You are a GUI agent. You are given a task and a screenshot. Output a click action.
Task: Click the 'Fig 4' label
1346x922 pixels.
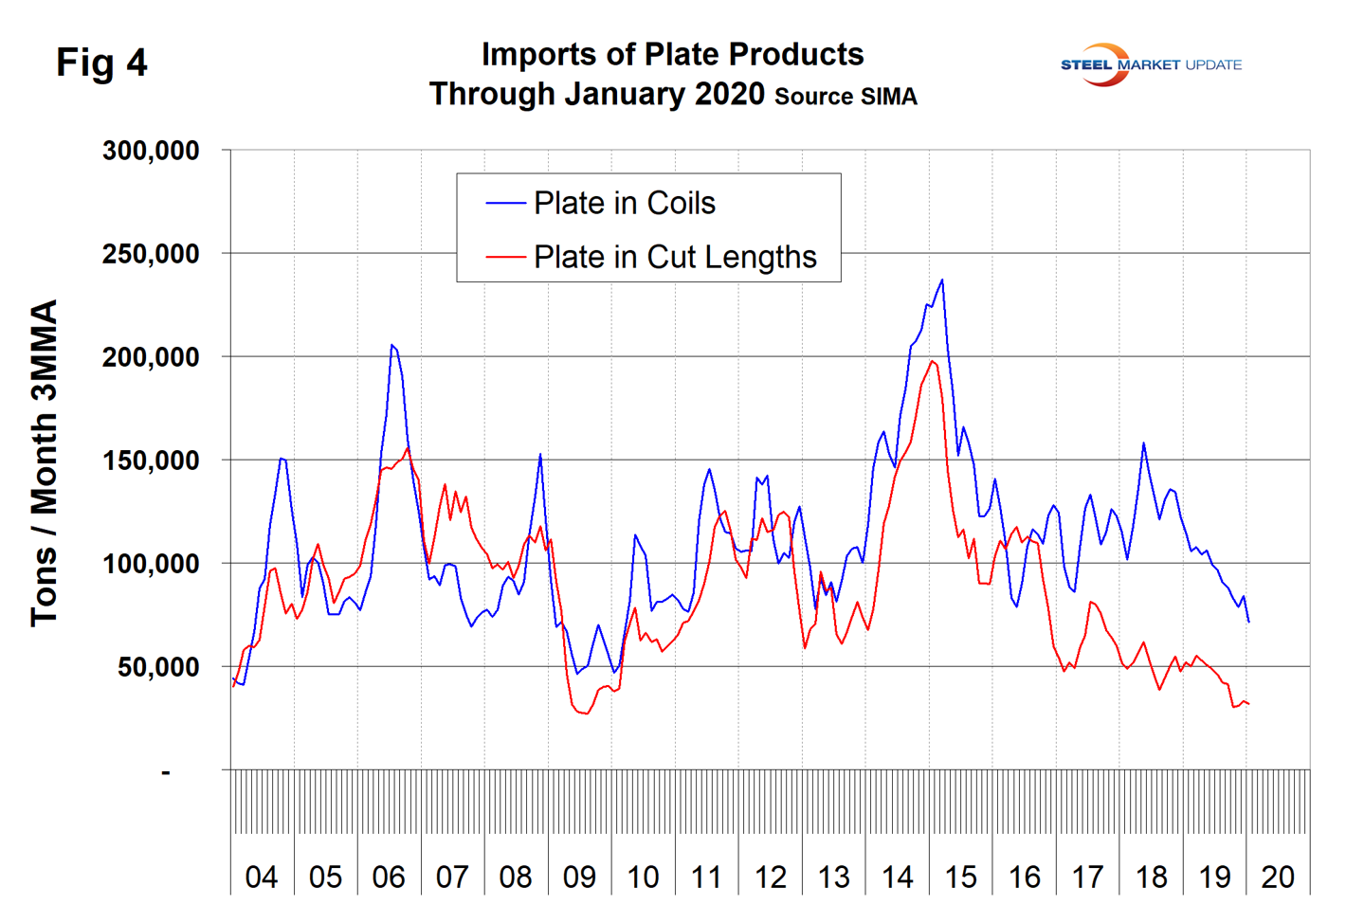(101, 63)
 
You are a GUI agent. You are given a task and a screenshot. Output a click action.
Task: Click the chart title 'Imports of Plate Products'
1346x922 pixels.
(672, 55)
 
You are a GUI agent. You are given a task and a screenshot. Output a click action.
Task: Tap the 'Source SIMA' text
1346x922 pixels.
(846, 97)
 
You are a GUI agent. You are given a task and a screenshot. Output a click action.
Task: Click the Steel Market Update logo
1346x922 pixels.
(1150, 64)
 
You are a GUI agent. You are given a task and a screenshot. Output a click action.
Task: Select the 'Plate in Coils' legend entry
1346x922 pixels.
(624, 203)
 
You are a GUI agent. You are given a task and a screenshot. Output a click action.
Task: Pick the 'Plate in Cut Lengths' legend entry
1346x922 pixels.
(674, 257)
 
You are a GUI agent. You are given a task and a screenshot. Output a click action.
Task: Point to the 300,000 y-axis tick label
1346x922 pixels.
(152, 151)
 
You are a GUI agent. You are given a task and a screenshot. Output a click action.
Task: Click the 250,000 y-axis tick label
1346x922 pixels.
(152, 254)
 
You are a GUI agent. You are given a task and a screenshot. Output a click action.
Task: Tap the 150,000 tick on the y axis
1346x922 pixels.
(152, 461)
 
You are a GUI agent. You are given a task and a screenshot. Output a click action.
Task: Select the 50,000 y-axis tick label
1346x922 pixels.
(158, 667)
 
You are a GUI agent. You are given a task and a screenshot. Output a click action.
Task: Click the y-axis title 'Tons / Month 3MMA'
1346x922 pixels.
(44, 462)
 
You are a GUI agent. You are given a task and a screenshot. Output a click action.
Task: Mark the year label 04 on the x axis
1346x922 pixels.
(262, 877)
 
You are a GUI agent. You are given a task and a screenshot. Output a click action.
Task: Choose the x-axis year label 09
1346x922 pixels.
(579, 877)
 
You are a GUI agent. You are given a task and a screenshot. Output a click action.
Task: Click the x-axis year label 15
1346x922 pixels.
(960, 877)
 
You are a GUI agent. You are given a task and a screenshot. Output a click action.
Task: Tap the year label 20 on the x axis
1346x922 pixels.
(1278, 877)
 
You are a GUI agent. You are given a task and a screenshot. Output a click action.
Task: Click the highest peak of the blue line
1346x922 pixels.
(941, 280)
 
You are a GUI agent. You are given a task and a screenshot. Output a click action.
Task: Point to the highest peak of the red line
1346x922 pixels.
(933, 361)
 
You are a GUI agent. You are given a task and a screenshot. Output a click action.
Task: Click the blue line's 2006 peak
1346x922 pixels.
(391, 345)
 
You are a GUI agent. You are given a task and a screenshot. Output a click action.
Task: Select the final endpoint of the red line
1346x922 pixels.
(1249, 704)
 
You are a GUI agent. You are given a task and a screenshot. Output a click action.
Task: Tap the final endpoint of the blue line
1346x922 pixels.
(1249, 622)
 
